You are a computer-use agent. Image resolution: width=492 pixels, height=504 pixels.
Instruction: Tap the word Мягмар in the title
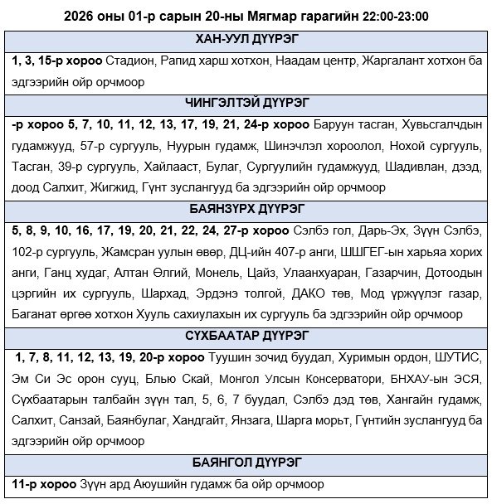tap(246, 16)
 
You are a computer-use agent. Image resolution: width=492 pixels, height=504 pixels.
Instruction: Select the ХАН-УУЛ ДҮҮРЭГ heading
tap(246, 40)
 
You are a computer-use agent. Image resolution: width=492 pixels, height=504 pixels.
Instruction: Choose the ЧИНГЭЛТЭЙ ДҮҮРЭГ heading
tap(246, 104)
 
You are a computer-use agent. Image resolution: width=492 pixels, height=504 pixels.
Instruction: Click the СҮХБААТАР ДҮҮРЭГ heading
tap(246, 336)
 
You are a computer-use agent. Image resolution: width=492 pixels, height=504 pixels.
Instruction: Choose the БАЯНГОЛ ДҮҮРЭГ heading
tap(246, 462)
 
